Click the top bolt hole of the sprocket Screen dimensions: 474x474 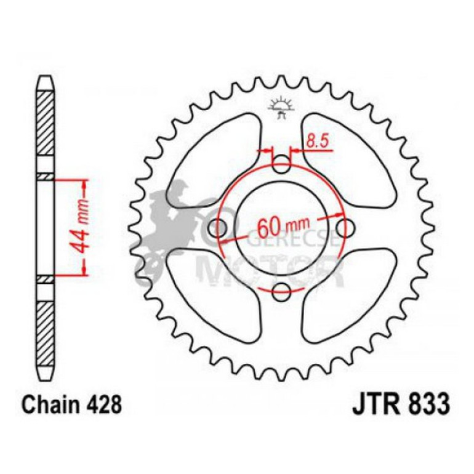tap(281, 164)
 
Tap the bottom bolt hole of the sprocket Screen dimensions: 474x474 tap(281, 292)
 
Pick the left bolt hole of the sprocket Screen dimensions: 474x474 tap(217, 228)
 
